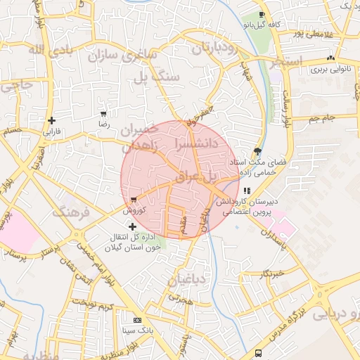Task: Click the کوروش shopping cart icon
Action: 134,200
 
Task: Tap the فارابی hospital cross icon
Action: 51,120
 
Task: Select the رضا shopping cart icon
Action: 104,113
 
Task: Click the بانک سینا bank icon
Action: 127,320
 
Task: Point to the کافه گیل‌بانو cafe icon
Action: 262,15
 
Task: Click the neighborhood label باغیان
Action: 190,280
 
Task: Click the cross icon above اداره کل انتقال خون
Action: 132,226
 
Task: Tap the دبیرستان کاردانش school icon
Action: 245,191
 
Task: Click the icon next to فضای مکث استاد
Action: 258,151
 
